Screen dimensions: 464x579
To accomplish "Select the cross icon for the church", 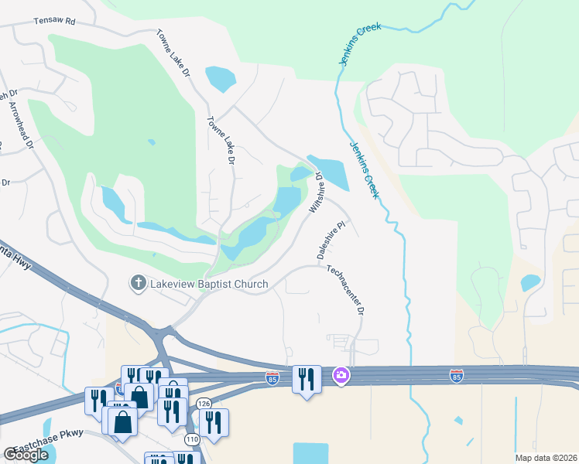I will tap(139, 283).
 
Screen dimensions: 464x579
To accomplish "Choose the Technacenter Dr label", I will tap(345, 291).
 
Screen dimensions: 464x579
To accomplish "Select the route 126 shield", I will tap(204, 403).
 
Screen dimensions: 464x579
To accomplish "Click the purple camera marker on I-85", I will tap(341, 376).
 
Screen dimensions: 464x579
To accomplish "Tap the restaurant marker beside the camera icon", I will tap(307, 378).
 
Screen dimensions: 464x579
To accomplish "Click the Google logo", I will tap(26, 455).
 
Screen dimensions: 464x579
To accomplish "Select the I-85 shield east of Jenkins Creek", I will tap(457, 375).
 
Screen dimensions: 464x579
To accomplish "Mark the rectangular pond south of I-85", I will tap(311, 453).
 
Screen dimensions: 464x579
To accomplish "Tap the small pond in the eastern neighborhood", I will tap(530, 283).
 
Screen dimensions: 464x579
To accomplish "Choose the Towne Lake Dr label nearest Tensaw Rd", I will tap(174, 54).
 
